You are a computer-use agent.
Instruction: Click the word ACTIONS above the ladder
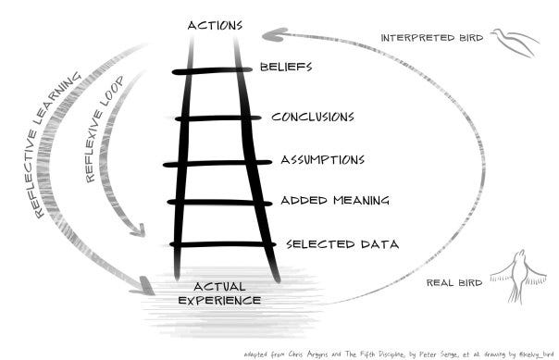click(x=215, y=24)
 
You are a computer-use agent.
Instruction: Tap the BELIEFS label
click(x=286, y=68)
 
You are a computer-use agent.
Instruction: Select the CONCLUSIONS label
click(x=312, y=118)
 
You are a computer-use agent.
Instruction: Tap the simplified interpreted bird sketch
click(x=513, y=42)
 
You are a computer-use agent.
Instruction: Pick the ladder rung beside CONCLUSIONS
click(x=218, y=118)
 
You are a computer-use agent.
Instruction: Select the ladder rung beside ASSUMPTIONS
click(x=218, y=163)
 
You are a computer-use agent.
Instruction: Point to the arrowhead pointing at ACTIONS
click(x=272, y=35)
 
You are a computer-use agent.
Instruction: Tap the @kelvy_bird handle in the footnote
click(x=529, y=353)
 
